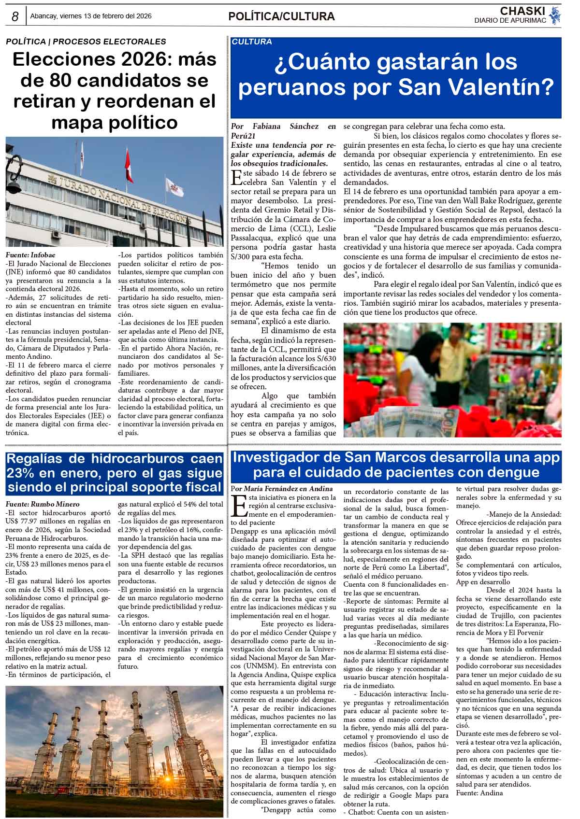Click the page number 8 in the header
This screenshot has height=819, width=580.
[15, 17]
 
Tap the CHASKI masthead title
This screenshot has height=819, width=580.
[522, 11]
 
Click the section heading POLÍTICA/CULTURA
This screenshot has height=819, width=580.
[281, 17]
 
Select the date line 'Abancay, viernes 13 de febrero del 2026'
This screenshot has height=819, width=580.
[91, 16]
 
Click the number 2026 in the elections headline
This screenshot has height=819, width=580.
[135, 60]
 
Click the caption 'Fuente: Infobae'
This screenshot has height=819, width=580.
[30, 254]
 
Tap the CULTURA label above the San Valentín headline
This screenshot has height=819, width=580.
[252, 42]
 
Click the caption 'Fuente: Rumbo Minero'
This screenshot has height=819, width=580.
[43, 504]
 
